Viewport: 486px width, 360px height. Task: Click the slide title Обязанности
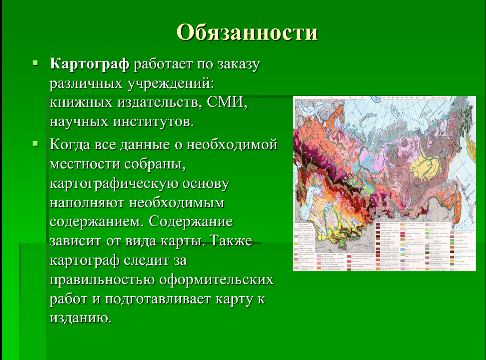point(247,32)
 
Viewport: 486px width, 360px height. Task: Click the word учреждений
point(170,84)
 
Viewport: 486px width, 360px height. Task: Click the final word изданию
point(80,318)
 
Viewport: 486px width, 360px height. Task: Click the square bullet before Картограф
point(35,63)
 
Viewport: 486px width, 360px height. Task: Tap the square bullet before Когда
point(35,142)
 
